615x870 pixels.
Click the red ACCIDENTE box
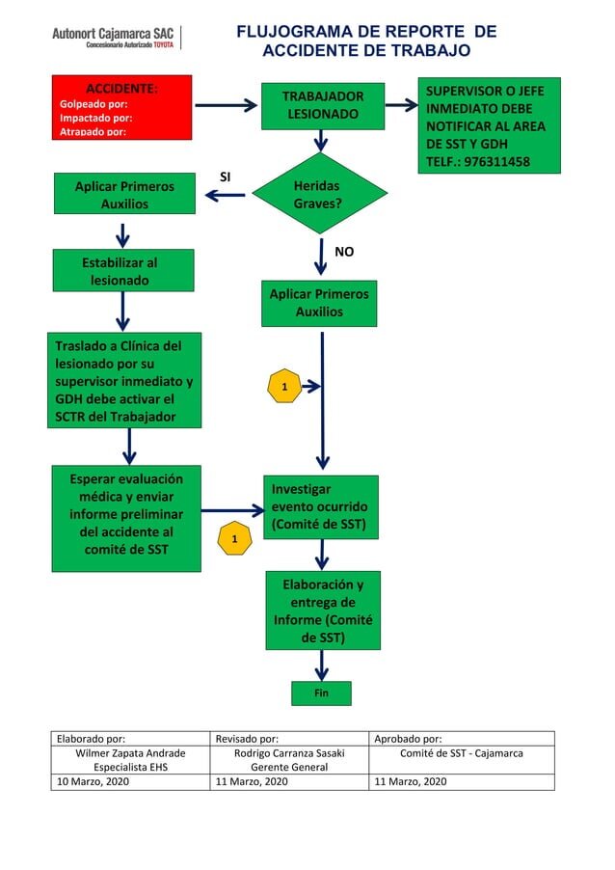pos(122,108)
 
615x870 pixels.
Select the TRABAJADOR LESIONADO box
pos(323,106)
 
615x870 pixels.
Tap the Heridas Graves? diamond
pos(319,193)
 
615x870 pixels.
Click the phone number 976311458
pos(496,162)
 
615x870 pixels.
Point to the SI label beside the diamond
pos(225,177)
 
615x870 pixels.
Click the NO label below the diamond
pos(344,252)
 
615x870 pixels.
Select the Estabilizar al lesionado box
pos(123,270)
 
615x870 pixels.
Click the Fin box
pos(321,693)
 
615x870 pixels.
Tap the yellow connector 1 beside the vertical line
pos(284,386)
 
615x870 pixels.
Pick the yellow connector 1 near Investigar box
pos(234,538)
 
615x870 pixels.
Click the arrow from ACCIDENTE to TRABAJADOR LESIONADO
pos(227,105)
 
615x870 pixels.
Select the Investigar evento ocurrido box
pos(321,507)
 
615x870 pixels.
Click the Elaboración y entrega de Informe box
pos(323,611)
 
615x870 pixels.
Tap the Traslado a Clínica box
pos(124,380)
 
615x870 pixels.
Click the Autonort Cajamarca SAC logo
pos(113,38)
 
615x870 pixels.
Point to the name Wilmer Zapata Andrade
pos(130,753)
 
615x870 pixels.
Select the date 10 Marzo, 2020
pos(94,781)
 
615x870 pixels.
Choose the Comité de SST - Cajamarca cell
pos(462,753)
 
